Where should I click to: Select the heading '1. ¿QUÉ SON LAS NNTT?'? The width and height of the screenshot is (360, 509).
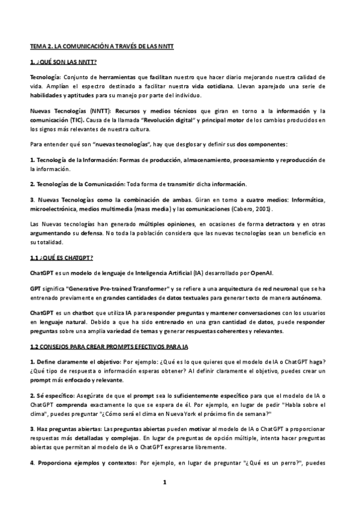[64, 62]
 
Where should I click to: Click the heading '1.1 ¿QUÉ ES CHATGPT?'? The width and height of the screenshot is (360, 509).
[61, 258]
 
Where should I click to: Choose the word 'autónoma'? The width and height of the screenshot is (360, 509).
[305, 297]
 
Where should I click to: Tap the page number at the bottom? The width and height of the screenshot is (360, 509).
[180, 482]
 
